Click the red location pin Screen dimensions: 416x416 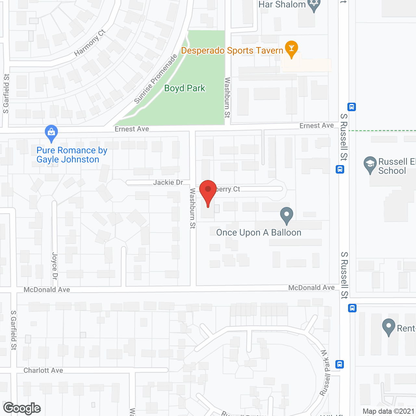208,192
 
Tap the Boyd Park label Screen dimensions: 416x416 185,88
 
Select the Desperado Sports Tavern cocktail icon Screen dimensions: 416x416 291,48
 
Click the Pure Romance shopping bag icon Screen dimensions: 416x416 51,133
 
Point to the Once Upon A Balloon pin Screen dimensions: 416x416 287,215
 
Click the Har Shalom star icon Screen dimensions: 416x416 314,5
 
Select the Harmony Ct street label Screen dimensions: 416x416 89,43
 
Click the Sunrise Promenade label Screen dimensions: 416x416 156,79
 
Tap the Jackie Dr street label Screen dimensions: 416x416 168,182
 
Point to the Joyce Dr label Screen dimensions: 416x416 55,266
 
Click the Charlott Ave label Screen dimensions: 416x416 43,370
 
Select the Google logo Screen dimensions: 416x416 22,408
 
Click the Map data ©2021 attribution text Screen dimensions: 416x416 388,411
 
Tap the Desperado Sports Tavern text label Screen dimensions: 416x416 232,51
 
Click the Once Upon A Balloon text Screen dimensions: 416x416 259,233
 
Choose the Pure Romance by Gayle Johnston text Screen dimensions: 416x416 71,155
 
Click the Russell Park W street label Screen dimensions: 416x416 325,373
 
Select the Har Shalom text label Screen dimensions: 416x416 282,5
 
